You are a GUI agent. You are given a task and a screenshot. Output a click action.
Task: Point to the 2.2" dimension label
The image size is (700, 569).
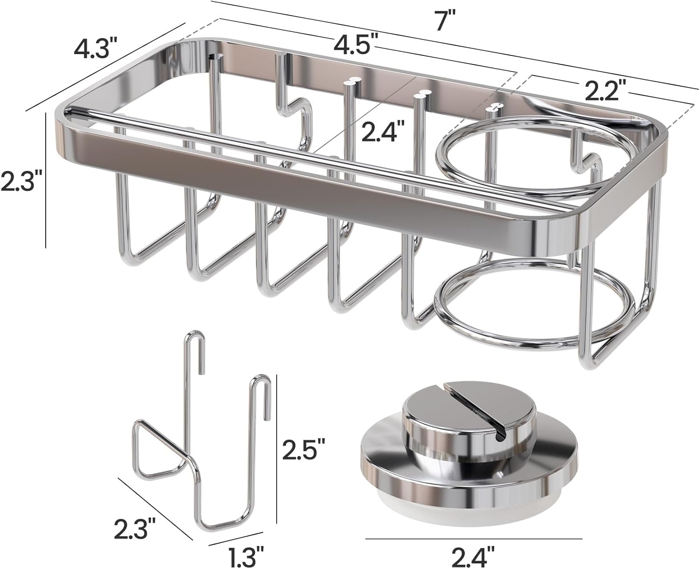click(x=602, y=91)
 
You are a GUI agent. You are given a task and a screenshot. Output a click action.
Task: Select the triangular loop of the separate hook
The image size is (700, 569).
click(x=156, y=448)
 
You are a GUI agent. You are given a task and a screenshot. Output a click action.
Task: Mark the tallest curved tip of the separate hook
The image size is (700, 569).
click(x=195, y=336)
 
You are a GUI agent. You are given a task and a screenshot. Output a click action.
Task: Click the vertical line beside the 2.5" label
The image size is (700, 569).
click(x=277, y=450)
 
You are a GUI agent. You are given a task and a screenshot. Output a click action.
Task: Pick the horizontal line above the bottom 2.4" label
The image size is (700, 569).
click(x=473, y=539)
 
